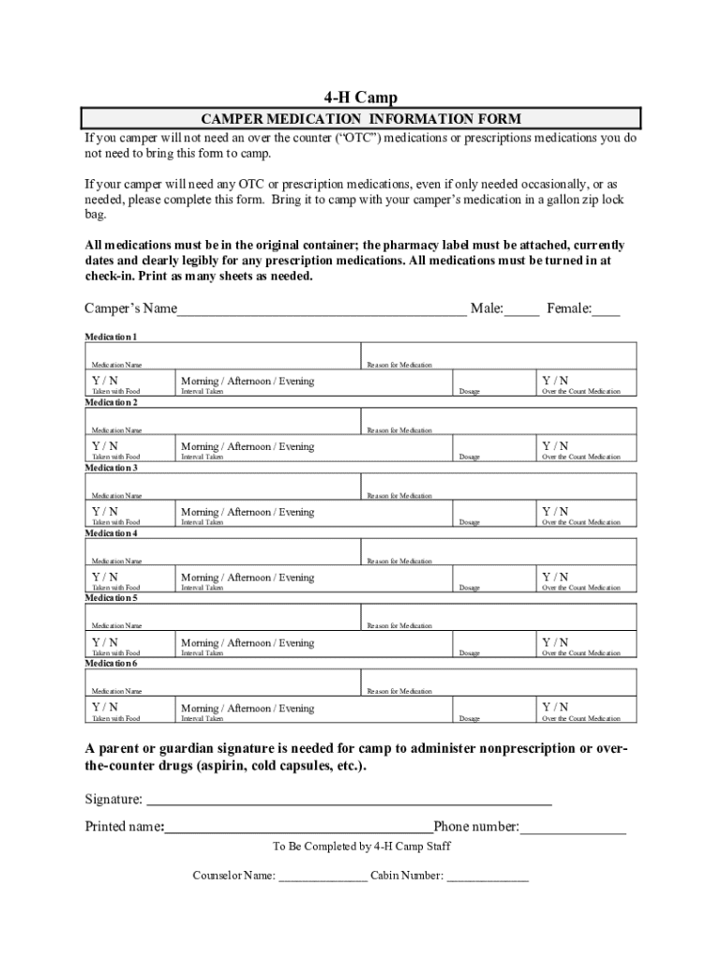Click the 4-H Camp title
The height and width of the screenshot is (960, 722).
click(x=361, y=97)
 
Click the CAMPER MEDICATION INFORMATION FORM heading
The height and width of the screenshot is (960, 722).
click(x=361, y=119)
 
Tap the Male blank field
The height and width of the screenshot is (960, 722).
click(x=522, y=310)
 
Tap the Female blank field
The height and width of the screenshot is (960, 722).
click(x=606, y=310)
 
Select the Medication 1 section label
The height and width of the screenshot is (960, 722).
click(x=112, y=337)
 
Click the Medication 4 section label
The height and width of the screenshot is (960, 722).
click(x=112, y=532)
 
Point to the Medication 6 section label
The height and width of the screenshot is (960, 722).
click(x=112, y=663)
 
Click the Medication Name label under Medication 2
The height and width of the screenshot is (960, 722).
click(x=116, y=430)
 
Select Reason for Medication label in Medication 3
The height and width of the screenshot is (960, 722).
click(x=399, y=495)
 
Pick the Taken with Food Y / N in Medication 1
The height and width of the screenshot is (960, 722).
click(x=105, y=381)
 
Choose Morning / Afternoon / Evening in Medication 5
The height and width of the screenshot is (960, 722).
click(x=248, y=643)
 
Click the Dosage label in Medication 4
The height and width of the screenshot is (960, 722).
click(x=469, y=588)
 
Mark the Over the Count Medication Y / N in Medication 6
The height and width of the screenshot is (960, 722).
click(x=554, y=707)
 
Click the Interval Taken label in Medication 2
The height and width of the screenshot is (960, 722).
click(x=202, y=457)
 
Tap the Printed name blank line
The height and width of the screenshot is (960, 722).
click(x=298, y=827)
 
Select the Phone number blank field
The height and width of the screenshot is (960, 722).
click(x=572, y=827)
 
